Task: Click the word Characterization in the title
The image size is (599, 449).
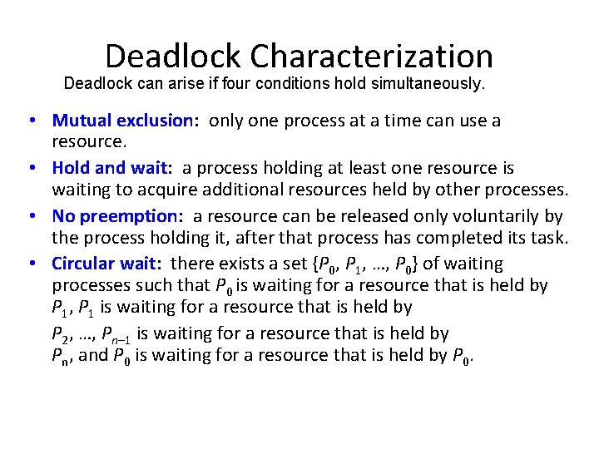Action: (x=371, y=57)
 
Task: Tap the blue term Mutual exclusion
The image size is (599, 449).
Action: (x=121, y=121)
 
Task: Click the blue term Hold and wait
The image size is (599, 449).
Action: (x=109, y=169)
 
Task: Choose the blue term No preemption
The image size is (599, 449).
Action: (x=114, y=216)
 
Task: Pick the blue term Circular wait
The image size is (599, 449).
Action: (x=104, y=264)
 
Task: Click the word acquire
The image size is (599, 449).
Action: (x=153, y=190)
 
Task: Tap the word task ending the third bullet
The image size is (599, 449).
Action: (x=550, y=239)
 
